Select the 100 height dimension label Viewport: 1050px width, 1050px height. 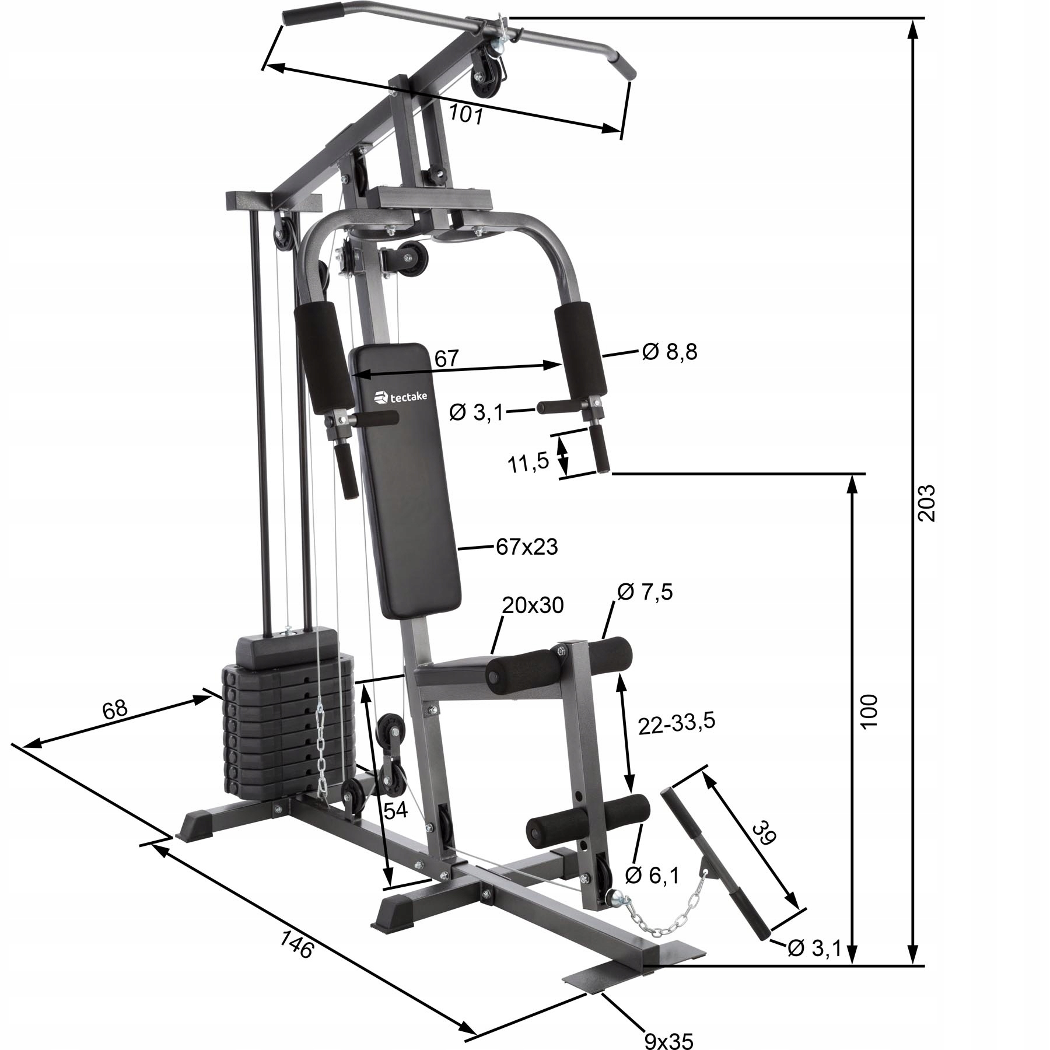[869, 710]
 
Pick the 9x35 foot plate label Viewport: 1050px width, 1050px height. [668, 1039]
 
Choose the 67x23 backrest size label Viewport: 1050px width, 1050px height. [527, 547]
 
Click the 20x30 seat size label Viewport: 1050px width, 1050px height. [533, 605]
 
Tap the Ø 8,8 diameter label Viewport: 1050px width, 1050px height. [669, 352]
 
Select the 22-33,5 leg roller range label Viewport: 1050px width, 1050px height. [676, 723]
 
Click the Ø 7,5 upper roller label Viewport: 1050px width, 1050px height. [645, 591]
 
